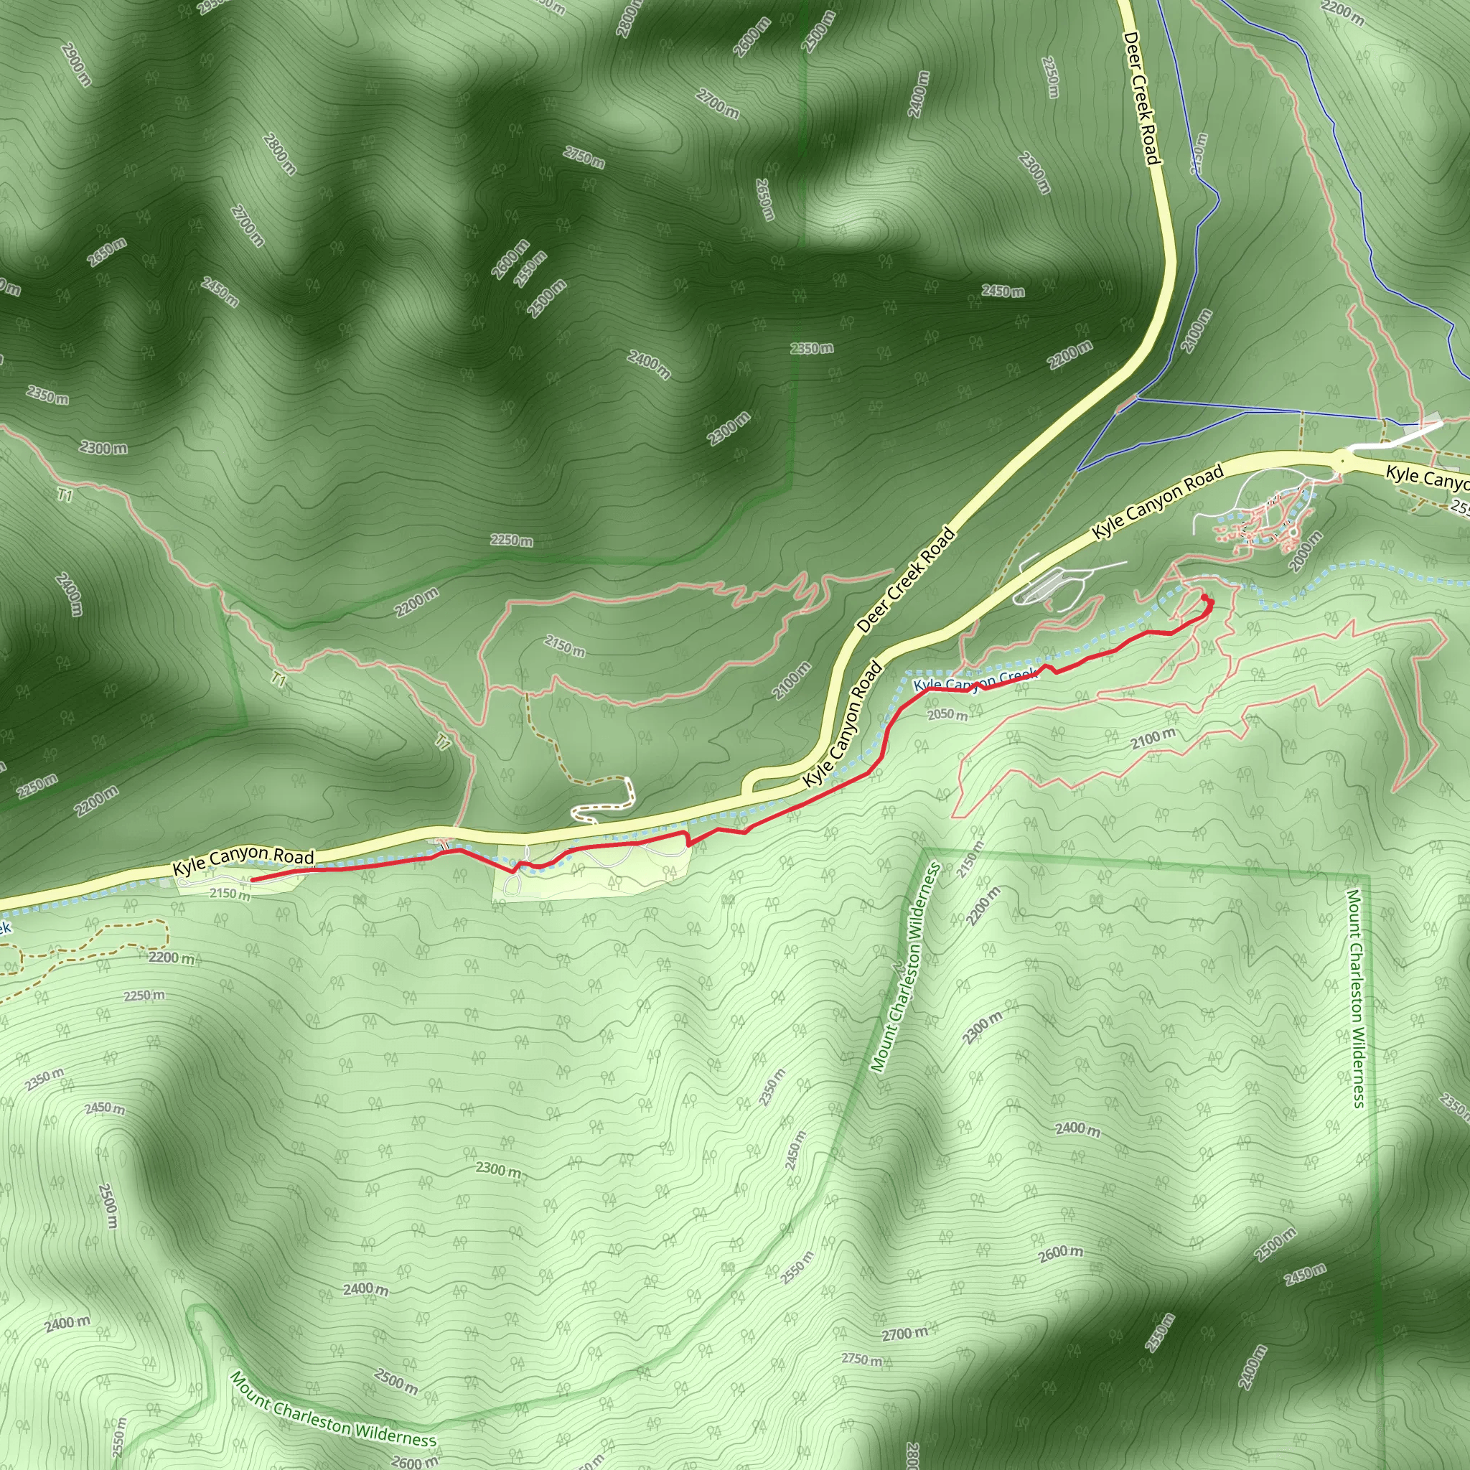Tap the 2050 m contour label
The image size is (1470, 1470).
click(947, 715)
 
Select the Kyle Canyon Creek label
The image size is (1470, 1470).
click(975, 680)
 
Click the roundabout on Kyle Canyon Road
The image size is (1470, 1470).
click(1343, 459)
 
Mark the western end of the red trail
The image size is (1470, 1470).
click(252, 879)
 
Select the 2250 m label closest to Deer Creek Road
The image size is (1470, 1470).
click(1050, 77)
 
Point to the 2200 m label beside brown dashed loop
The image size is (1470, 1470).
click(172, 958)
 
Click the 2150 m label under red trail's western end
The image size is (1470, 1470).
click(229, 894)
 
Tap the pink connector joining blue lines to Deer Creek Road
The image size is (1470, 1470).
click(1127, 403)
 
